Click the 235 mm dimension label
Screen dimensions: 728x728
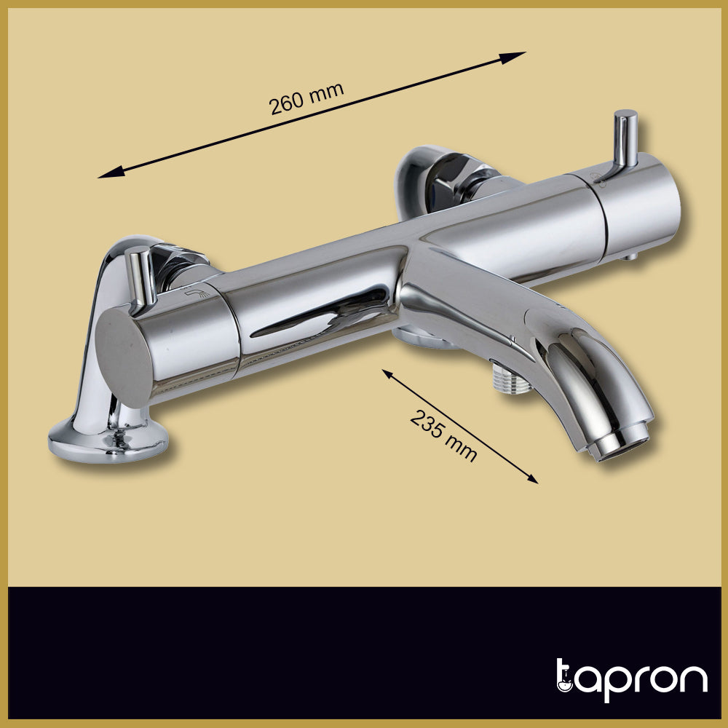pyautogui.click(x=443, y=435)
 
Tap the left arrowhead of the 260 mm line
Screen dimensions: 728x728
pyautogui.click(x=106, y=175)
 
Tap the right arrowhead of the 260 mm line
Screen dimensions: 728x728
pyautogui.click(x=518, y=54)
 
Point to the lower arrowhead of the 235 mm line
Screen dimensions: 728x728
pyautogui.click(x=534, y=480)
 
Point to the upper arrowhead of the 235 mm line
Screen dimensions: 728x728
pyautogui.click(x=387, y=372)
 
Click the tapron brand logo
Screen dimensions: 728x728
pyautogui.click(x=631, y=681)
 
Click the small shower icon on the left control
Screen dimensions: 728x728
pyautogui.click(x=196, y=292)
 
